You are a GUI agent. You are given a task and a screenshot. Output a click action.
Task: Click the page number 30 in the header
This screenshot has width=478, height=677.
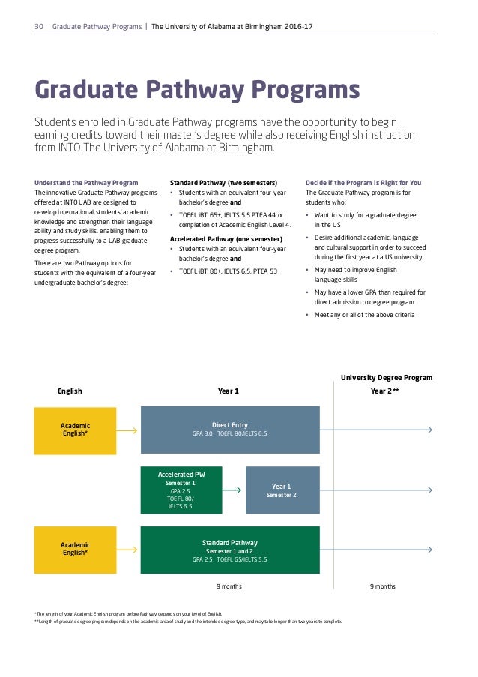coord(39,27)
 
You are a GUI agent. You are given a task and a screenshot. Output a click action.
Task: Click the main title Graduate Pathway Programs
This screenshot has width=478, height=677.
coord(198,91)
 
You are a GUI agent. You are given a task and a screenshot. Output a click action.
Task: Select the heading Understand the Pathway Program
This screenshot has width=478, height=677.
coord(86,183)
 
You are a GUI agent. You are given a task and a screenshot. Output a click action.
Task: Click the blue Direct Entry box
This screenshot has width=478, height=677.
coord(229,429)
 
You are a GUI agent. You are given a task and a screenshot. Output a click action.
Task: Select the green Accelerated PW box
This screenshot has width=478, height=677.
coord(181,490)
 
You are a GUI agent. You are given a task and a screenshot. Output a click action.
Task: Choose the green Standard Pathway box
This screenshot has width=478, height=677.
coord(229,550)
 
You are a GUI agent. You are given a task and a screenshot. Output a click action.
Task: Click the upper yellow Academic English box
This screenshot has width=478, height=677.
coord(75,430)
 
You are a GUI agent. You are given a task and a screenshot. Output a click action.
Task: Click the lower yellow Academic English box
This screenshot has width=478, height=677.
coord(75,549)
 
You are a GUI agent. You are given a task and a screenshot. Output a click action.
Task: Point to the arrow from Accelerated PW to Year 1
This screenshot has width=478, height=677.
coord(234,490)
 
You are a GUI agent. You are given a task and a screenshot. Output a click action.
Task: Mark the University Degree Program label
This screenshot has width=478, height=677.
coord(387,378)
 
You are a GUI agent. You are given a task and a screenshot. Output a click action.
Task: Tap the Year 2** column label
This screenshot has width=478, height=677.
coord(384,391)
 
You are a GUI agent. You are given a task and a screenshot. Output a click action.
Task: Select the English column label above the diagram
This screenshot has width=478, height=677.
coord(70,391)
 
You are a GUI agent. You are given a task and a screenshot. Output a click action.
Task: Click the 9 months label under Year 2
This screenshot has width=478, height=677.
coord(383,586)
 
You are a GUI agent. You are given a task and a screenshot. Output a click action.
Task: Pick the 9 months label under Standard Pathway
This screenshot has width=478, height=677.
coord(229,586)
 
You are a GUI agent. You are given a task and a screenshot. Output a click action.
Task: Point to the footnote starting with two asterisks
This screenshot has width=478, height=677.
coord(187,622)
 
